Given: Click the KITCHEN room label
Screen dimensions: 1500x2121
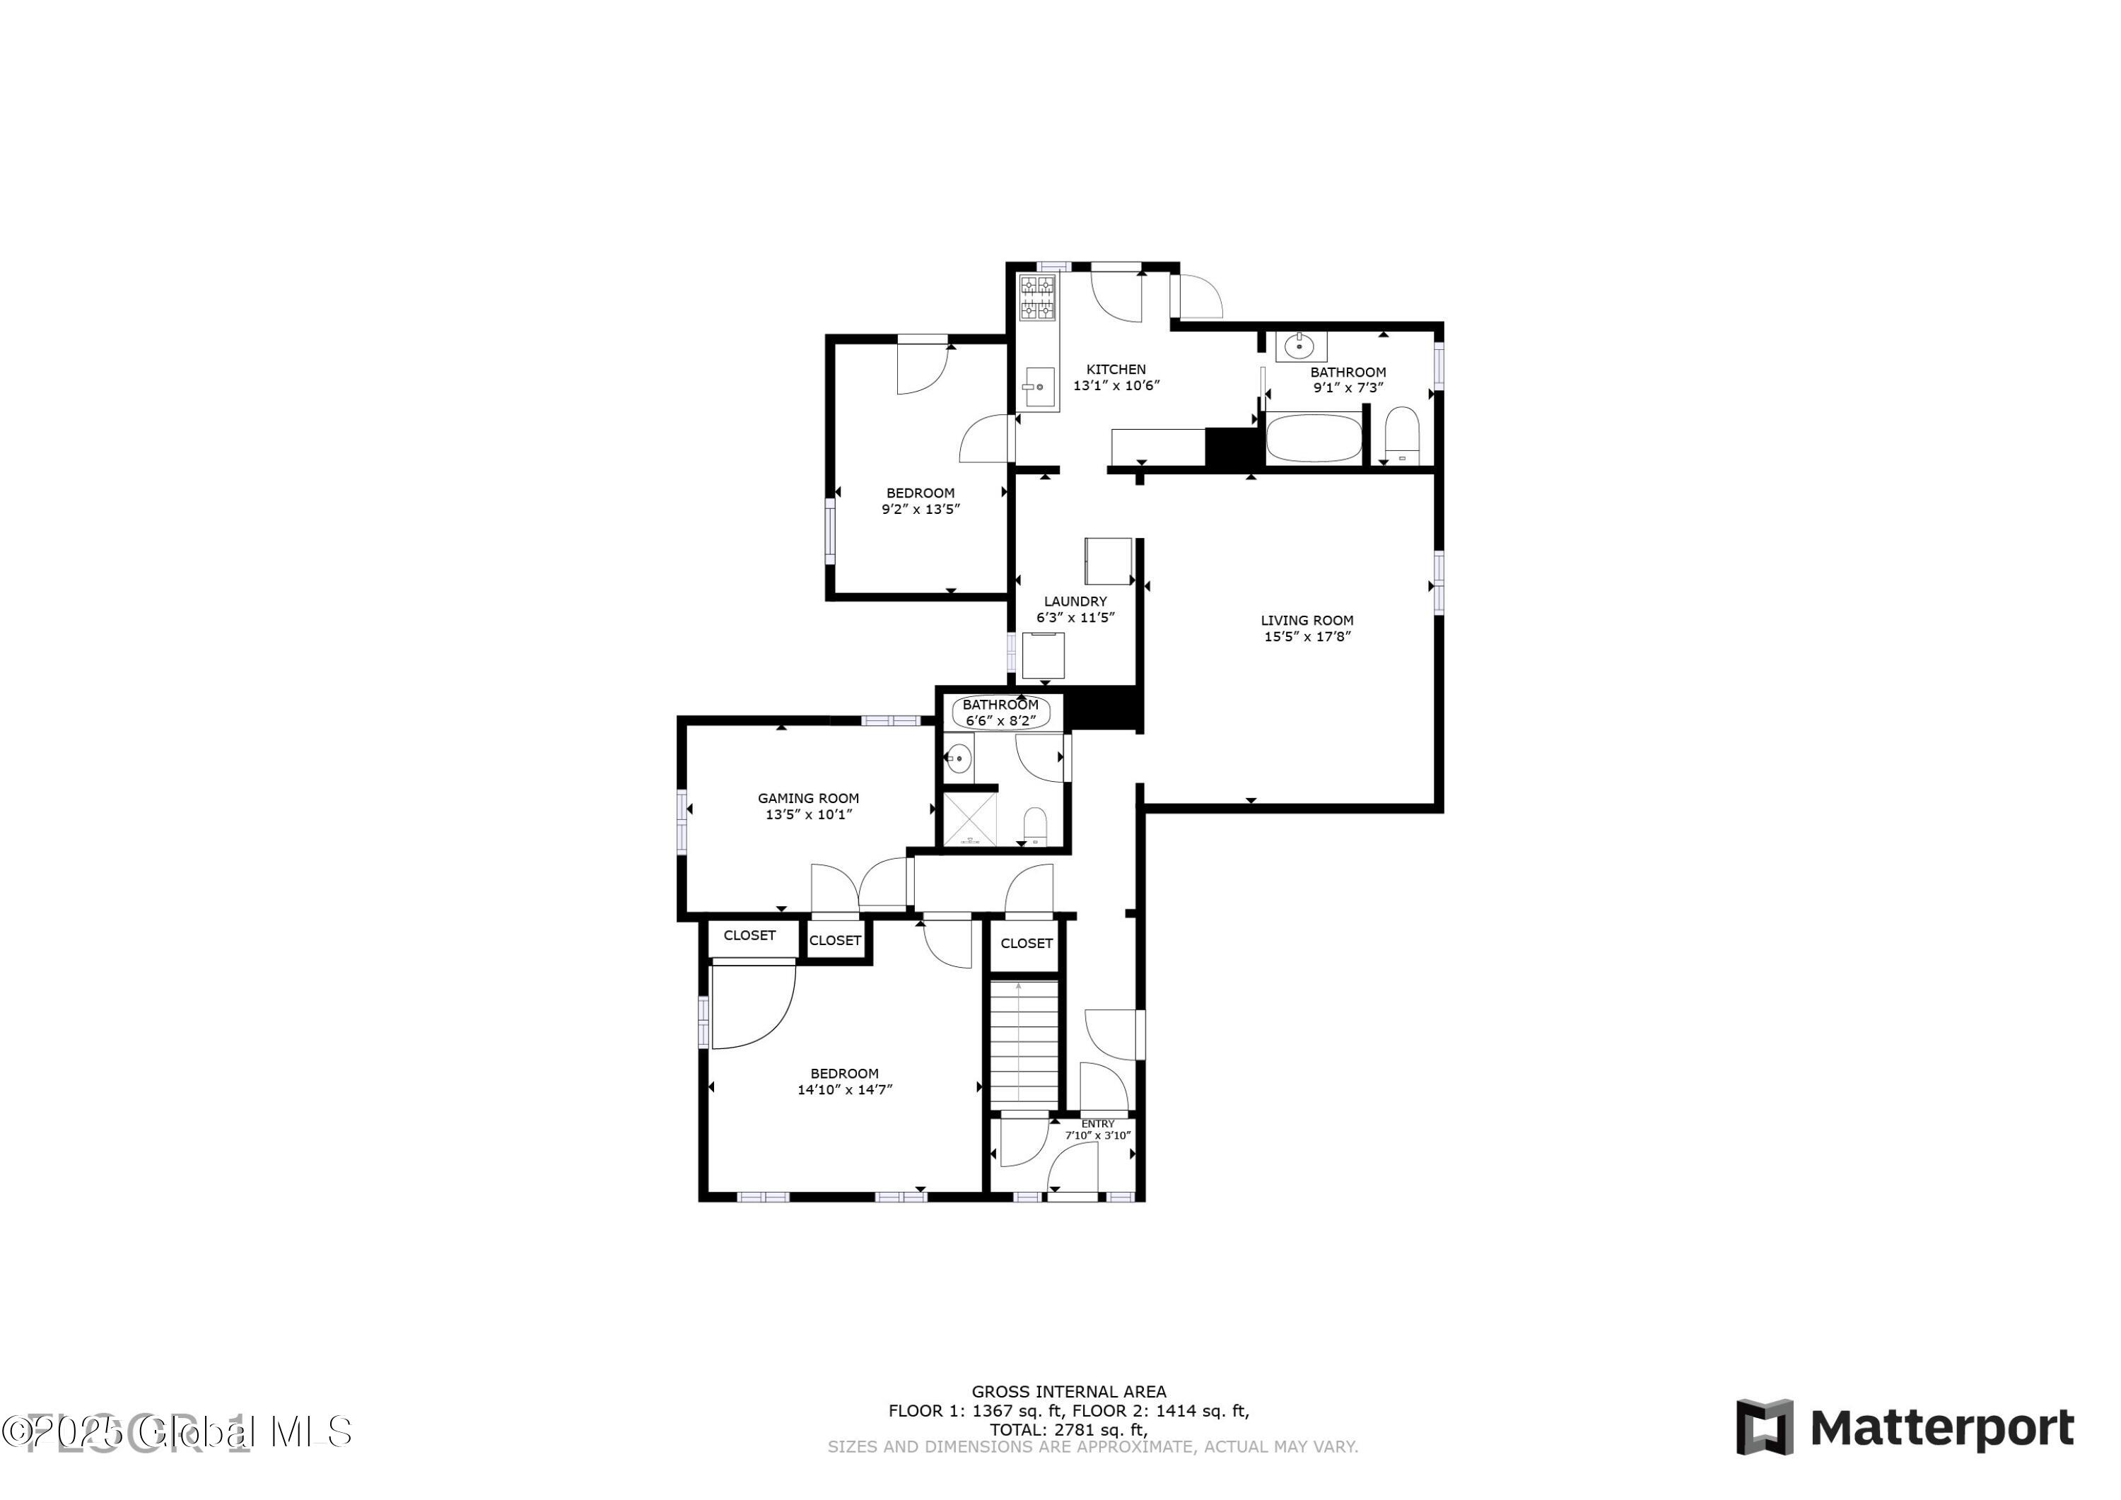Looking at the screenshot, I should click(1115, 370).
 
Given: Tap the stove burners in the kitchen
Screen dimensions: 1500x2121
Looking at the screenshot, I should click(1036, 298).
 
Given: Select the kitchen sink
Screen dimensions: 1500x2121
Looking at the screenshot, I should click(1039, 388).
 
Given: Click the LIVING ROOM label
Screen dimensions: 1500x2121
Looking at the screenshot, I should click(1307, 621).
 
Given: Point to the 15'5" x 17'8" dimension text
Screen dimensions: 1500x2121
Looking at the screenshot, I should click(1307, 636).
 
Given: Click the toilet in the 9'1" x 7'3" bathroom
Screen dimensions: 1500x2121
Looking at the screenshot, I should click(1401, 434).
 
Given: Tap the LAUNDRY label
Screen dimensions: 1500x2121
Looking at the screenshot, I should click(1075, 602).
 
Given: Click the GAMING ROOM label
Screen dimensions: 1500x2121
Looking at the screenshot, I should click(807, 798).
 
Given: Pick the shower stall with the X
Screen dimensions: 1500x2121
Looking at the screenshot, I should click(969, 819).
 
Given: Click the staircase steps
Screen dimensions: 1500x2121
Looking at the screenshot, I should click(1024, 1044).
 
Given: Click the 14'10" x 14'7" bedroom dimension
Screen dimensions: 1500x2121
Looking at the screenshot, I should click(844, 1090).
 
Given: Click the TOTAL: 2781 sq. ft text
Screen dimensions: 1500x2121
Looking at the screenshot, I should click(1068, 1430).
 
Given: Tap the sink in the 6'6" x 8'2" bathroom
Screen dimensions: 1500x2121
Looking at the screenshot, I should click(958, 759).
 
